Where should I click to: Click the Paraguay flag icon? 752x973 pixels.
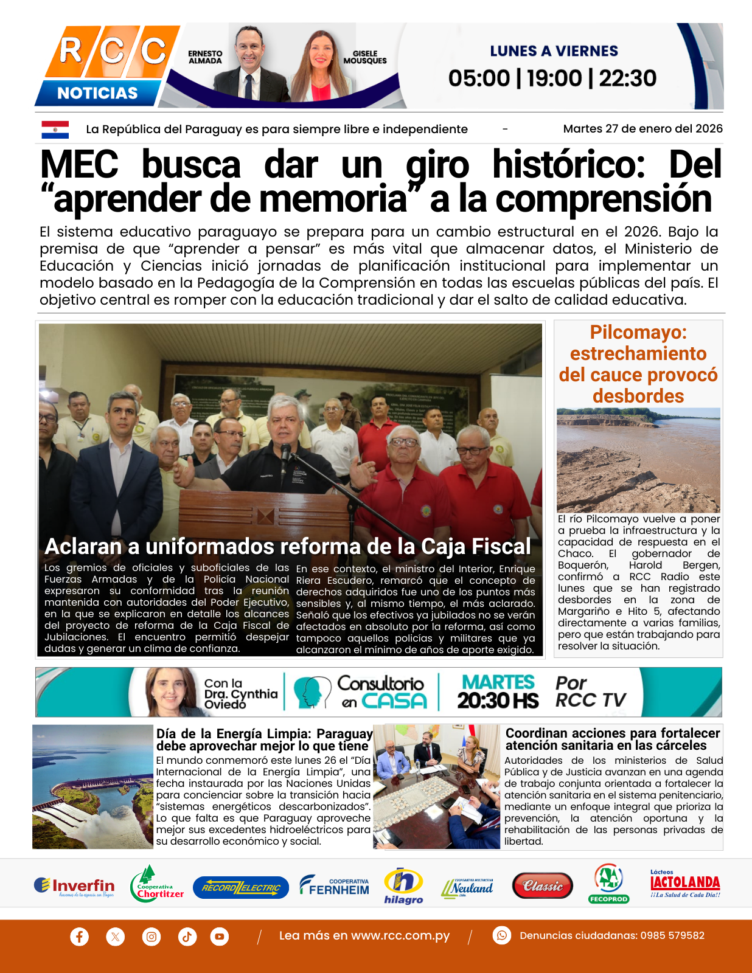point(55,129)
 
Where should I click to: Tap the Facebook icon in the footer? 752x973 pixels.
point(79,936)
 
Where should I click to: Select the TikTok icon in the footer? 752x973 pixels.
point(187,936)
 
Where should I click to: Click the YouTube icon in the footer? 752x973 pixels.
point(220,936)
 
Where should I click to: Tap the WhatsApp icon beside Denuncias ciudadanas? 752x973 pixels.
point(502,935)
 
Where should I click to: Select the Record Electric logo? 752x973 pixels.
point(241,888)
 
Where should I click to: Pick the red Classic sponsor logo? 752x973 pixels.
point(542,886)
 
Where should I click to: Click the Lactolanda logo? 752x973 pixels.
point(685,884)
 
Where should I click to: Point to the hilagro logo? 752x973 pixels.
point(403,885)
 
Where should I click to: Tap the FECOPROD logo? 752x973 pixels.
point(608,884)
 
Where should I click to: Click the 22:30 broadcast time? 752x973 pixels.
point(627,78)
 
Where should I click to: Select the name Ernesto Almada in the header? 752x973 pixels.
point(205,57)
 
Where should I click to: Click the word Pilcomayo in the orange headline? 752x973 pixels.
point(638,332)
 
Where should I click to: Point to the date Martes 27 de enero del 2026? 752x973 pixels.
point(642,129)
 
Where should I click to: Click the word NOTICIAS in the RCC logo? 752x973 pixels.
point(97,93)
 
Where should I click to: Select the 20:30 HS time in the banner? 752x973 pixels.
point(498,701)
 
